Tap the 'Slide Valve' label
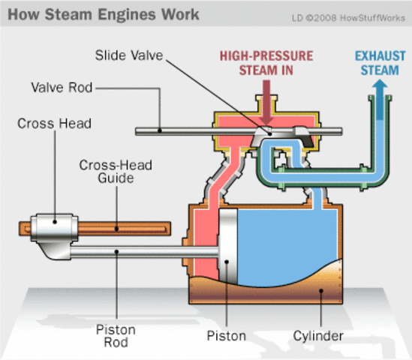[x=128, y=55]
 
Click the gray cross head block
[x=50, y=228]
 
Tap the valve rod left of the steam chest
[x=173, y=132]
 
